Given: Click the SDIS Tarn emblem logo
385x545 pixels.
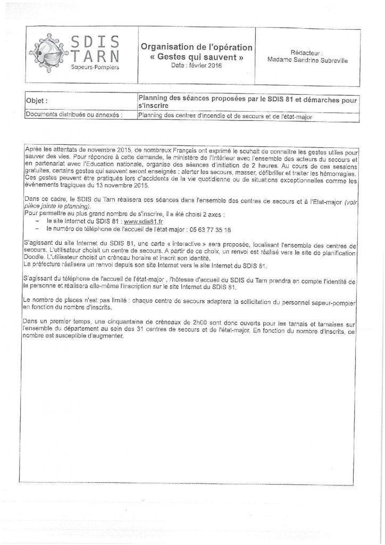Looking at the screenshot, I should pos(48,51).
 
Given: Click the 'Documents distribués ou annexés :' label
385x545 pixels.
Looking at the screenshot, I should pos(74,114).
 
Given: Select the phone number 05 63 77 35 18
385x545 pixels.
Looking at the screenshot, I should pos(211,229).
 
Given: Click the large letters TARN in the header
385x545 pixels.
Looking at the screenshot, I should pos(96,56).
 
